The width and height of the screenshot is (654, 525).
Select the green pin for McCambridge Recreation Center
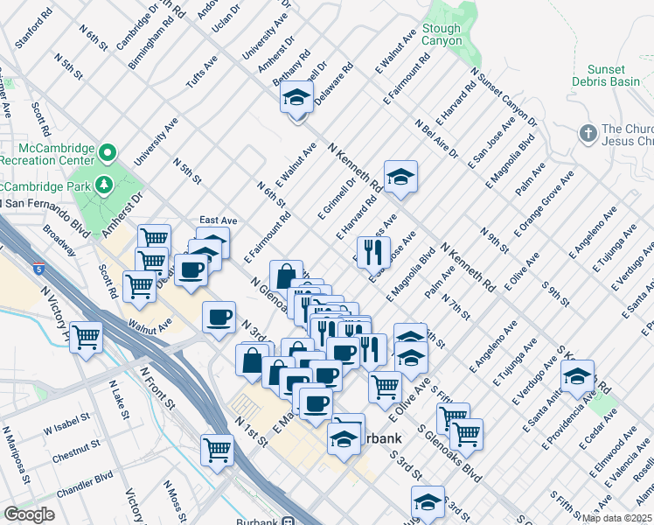108,152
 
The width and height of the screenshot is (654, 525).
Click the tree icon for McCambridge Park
104,185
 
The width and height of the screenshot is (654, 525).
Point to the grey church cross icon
588,133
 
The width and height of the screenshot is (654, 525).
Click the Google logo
30,514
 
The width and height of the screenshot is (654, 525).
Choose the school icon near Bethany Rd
296,97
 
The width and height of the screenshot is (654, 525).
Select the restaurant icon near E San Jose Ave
373,253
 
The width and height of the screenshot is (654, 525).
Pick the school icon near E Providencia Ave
577,376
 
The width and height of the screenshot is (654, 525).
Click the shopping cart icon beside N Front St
87,338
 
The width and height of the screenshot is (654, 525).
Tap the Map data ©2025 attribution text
616,518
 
